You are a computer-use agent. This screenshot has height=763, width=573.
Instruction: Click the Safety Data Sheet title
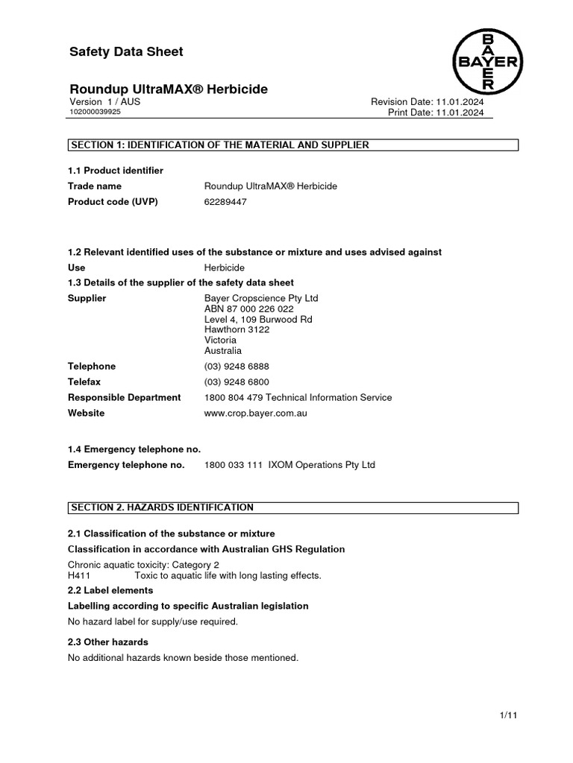tap(125, 51)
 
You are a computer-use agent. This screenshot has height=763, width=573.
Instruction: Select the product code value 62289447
tap(225, 202)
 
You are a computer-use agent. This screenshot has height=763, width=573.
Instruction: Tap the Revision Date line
tap(427, 101)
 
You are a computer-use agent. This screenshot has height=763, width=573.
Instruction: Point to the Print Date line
tap(436, 113)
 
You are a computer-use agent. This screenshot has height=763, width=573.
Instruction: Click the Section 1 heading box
tap(292, 145)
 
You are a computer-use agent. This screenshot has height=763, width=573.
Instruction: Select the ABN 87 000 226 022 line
tap(248, 308)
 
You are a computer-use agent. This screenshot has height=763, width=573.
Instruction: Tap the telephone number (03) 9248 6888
tap(237, 366)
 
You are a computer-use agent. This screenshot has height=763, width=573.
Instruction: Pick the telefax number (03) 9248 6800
tap(237, 381)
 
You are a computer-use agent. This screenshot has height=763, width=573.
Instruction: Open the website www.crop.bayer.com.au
tap(255, 413)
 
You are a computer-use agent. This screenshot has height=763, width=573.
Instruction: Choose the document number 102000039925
tap(95, 112)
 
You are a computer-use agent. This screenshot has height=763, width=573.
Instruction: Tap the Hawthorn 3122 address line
tap(237, 329)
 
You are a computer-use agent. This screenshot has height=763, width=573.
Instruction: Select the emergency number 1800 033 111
tap(233, 465)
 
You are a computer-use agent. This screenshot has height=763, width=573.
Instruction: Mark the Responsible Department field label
tap(124, 397)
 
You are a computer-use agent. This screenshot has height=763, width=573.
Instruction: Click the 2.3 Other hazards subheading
tap(107, 642)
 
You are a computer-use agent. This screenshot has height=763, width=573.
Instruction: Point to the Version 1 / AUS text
tap(104, 101)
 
